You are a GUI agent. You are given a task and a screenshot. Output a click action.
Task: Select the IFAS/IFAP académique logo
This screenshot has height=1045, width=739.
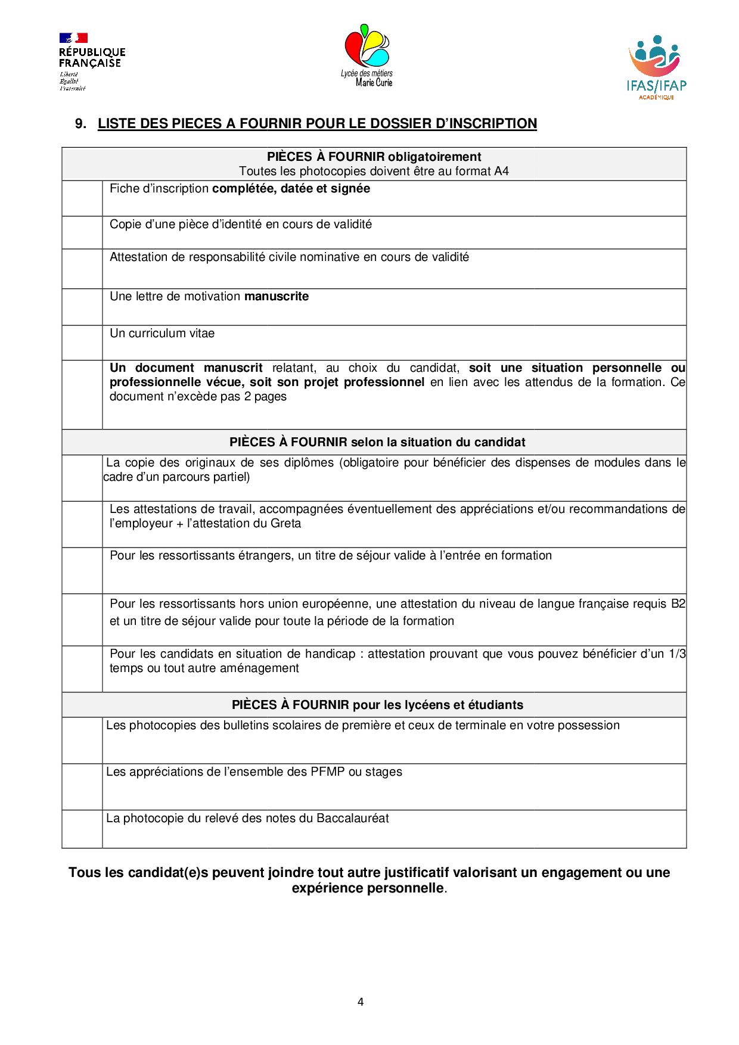pos(657,67)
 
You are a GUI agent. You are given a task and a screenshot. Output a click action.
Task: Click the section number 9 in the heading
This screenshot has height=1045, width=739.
pos(79,124)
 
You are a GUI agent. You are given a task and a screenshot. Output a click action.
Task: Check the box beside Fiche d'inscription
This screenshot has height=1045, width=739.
pos(82,198)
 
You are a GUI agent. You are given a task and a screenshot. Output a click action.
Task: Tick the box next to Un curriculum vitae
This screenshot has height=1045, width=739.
pos(82,343)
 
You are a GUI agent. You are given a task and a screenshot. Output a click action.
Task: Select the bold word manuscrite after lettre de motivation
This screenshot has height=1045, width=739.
pos(277,297)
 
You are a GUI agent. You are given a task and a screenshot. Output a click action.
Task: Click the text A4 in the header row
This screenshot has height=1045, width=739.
pos(501,172)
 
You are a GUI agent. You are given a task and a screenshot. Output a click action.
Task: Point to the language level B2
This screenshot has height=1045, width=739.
pos(678,604)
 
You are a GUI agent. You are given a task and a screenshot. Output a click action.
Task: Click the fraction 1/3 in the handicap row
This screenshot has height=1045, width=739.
pos(677,654)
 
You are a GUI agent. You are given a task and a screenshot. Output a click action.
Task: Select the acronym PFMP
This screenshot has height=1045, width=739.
pos(328,772)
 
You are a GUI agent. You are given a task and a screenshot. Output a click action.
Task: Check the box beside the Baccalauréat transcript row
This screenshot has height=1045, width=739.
pos(82,829)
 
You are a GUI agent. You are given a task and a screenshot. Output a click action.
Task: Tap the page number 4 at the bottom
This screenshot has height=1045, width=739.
pos(361,1002)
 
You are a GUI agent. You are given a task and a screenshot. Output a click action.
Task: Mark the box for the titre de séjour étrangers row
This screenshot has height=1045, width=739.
pos(82,571)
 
